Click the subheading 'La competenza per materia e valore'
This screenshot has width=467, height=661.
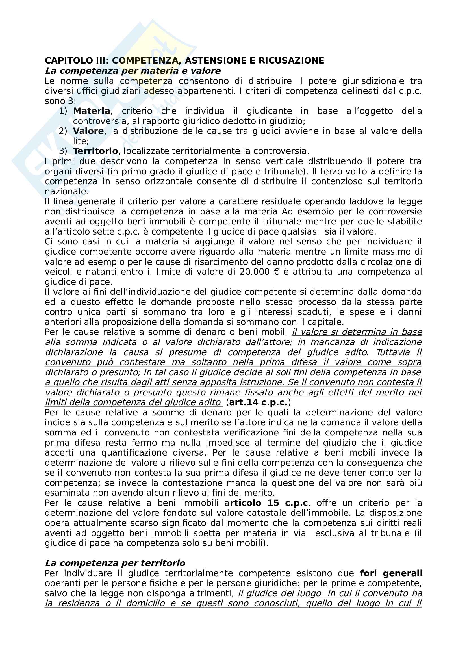coord(133,71)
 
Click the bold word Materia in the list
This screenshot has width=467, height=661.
coord(92,111)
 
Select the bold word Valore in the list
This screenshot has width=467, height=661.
coord(88,131)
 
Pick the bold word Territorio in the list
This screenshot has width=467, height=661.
coord(95,151)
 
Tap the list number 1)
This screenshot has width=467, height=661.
coord(63,111)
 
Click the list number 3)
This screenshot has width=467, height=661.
coord(63,151)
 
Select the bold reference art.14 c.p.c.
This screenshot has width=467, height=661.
coord(258,402)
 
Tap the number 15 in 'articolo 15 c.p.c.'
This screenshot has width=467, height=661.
coord(273,503)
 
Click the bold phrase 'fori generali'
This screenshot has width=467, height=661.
coord(391,573)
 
